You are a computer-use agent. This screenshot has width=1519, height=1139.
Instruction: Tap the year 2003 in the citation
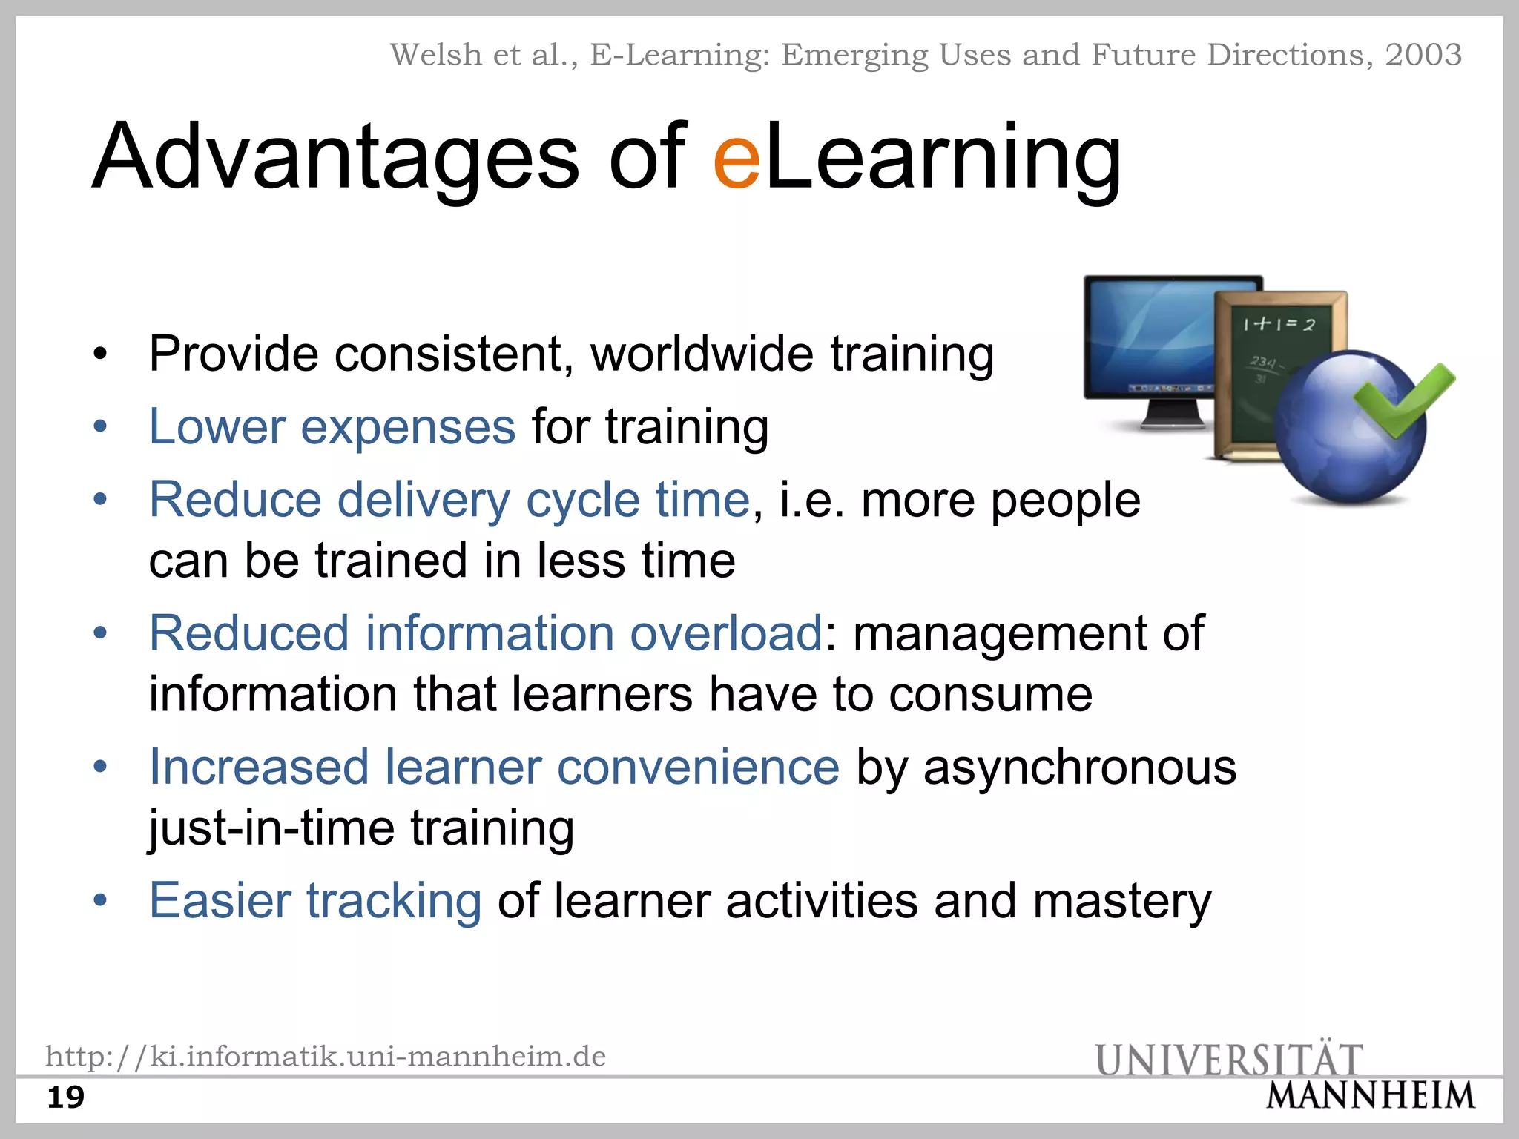coord(1423,55)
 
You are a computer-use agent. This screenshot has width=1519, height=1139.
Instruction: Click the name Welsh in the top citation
coord(436,55)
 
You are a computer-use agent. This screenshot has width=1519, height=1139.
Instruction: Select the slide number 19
coord(65,1097)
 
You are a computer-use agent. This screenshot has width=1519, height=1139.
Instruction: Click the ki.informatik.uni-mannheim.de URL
coord(326,1056)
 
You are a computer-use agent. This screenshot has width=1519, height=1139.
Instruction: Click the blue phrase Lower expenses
coord(332,427)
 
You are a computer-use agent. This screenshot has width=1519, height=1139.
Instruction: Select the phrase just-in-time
coord(271,828)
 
